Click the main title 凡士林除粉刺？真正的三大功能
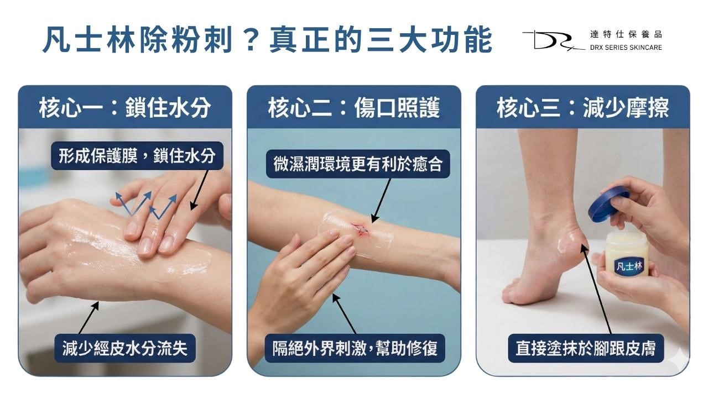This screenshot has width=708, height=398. click(267, 39)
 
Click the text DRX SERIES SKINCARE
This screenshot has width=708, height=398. click(626, 47)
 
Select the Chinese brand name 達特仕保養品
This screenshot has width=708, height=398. click(626, 34)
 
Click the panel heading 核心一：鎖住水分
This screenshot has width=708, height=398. click(125, 108)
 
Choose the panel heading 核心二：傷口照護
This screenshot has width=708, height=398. click(354, 108)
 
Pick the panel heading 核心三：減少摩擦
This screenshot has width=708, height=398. click(582, 108)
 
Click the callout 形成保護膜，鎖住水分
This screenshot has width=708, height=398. click(137, 156)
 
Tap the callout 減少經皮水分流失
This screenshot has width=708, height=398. click(124, 348)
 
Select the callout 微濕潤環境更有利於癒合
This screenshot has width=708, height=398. click(358, 164)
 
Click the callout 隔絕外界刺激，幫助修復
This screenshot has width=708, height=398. click(355, 348)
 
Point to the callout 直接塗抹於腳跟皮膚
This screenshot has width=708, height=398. click(586, 348)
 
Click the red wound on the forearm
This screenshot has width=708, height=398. click(359, 227)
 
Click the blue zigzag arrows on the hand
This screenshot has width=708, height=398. click(147, 205)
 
